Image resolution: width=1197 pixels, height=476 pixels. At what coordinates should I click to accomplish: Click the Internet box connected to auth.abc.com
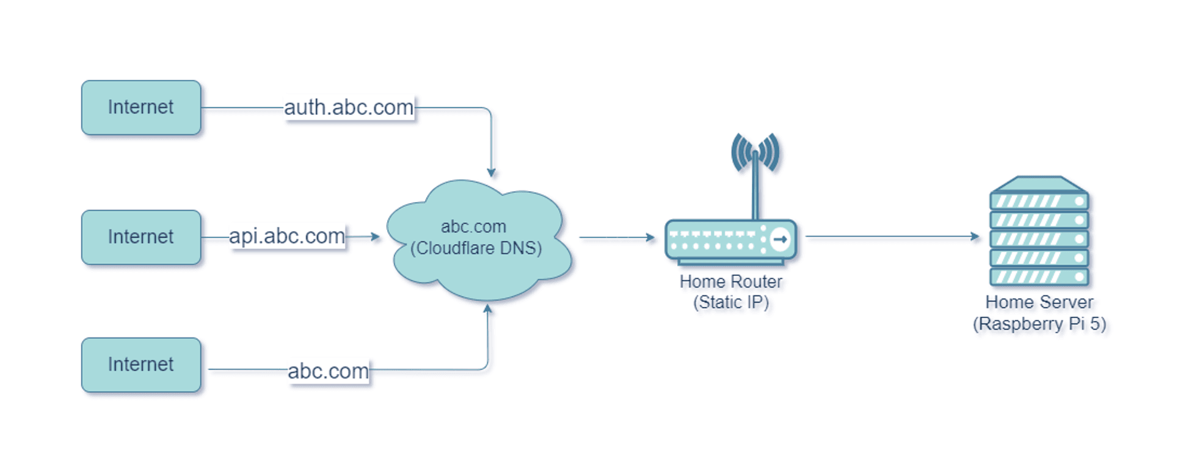[x=141, y=107]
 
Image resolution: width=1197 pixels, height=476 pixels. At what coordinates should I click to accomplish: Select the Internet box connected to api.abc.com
[x=141, y=237]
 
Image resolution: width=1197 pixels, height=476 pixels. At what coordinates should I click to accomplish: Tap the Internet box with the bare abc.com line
[x=141, y=364]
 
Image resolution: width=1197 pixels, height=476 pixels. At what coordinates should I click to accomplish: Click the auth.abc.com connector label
[x=349, y=107]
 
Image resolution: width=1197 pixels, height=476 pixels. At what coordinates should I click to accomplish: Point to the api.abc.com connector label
[x=286, y=236]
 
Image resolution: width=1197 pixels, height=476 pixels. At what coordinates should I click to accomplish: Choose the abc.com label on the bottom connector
[x=328, y=370]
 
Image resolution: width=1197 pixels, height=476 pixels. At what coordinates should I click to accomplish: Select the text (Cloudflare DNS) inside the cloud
[x=476, y=248]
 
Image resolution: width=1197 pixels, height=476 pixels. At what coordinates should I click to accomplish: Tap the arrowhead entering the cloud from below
[x=487, y=309]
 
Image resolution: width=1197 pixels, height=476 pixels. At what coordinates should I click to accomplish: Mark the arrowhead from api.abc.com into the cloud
[x=375, y=237]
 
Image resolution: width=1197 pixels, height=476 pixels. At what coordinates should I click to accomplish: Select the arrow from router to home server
[x=892, y=236]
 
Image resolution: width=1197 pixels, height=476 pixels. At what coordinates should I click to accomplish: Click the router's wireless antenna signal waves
[x=755, y=151]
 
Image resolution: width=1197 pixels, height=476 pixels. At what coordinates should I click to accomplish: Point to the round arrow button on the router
[x=780, y=239]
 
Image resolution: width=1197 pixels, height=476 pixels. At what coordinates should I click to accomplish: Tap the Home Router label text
[x=730, y=282]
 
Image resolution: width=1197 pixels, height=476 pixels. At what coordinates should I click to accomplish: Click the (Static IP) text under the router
[x=730, y=302]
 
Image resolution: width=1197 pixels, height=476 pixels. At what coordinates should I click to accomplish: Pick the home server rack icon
[x=1039, y=232]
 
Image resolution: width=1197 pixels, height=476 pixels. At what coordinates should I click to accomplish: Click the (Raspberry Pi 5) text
[x=1039, y=323]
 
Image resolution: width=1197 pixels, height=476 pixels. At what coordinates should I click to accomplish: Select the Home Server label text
[x=1039, y=302]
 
